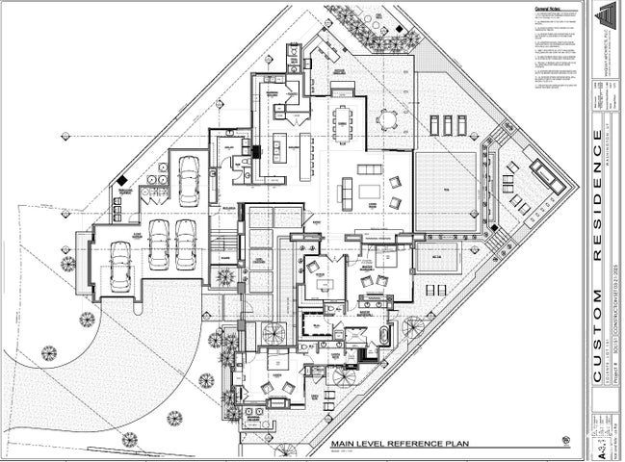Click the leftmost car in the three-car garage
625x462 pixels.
[120, 264]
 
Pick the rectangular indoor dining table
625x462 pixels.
[341, 122]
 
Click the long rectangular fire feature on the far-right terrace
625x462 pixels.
[546, 176]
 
